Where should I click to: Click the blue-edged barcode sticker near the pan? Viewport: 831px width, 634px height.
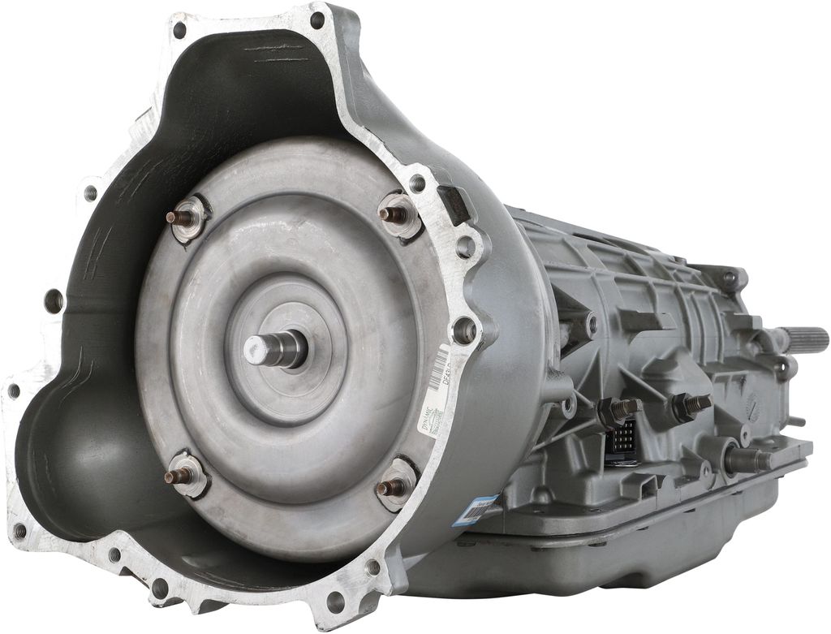[x=484, y=509]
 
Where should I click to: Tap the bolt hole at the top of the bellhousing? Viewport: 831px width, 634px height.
[x=317, y=19]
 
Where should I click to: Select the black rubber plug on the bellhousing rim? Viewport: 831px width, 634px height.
[x=454, y=203]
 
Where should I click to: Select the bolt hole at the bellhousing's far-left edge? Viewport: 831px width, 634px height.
[x=14, y=391]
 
